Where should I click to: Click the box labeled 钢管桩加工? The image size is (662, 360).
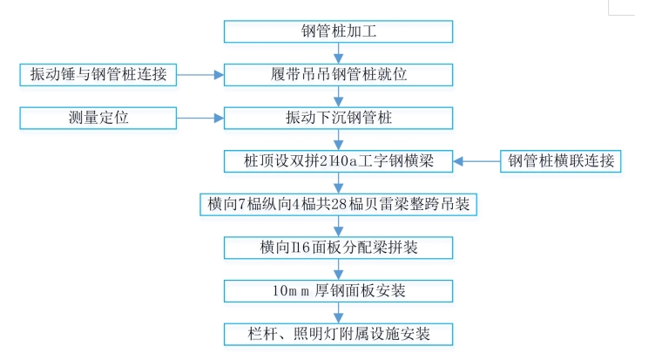coord(338,32)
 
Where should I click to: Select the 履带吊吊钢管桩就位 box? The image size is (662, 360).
coord(338,75)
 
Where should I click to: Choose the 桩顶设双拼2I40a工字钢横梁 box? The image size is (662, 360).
coord(338,161)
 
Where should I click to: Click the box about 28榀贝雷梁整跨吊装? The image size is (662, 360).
coord(338,204)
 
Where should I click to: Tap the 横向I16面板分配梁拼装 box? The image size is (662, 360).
coord(338,247)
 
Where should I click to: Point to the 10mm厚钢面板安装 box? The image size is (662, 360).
coord(338,289)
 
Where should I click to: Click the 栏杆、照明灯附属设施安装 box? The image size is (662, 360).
coord(338,333)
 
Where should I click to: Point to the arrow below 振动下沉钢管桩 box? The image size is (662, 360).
coord(338,139)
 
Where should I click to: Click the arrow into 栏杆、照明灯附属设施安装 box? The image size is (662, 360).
coord(338,311)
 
